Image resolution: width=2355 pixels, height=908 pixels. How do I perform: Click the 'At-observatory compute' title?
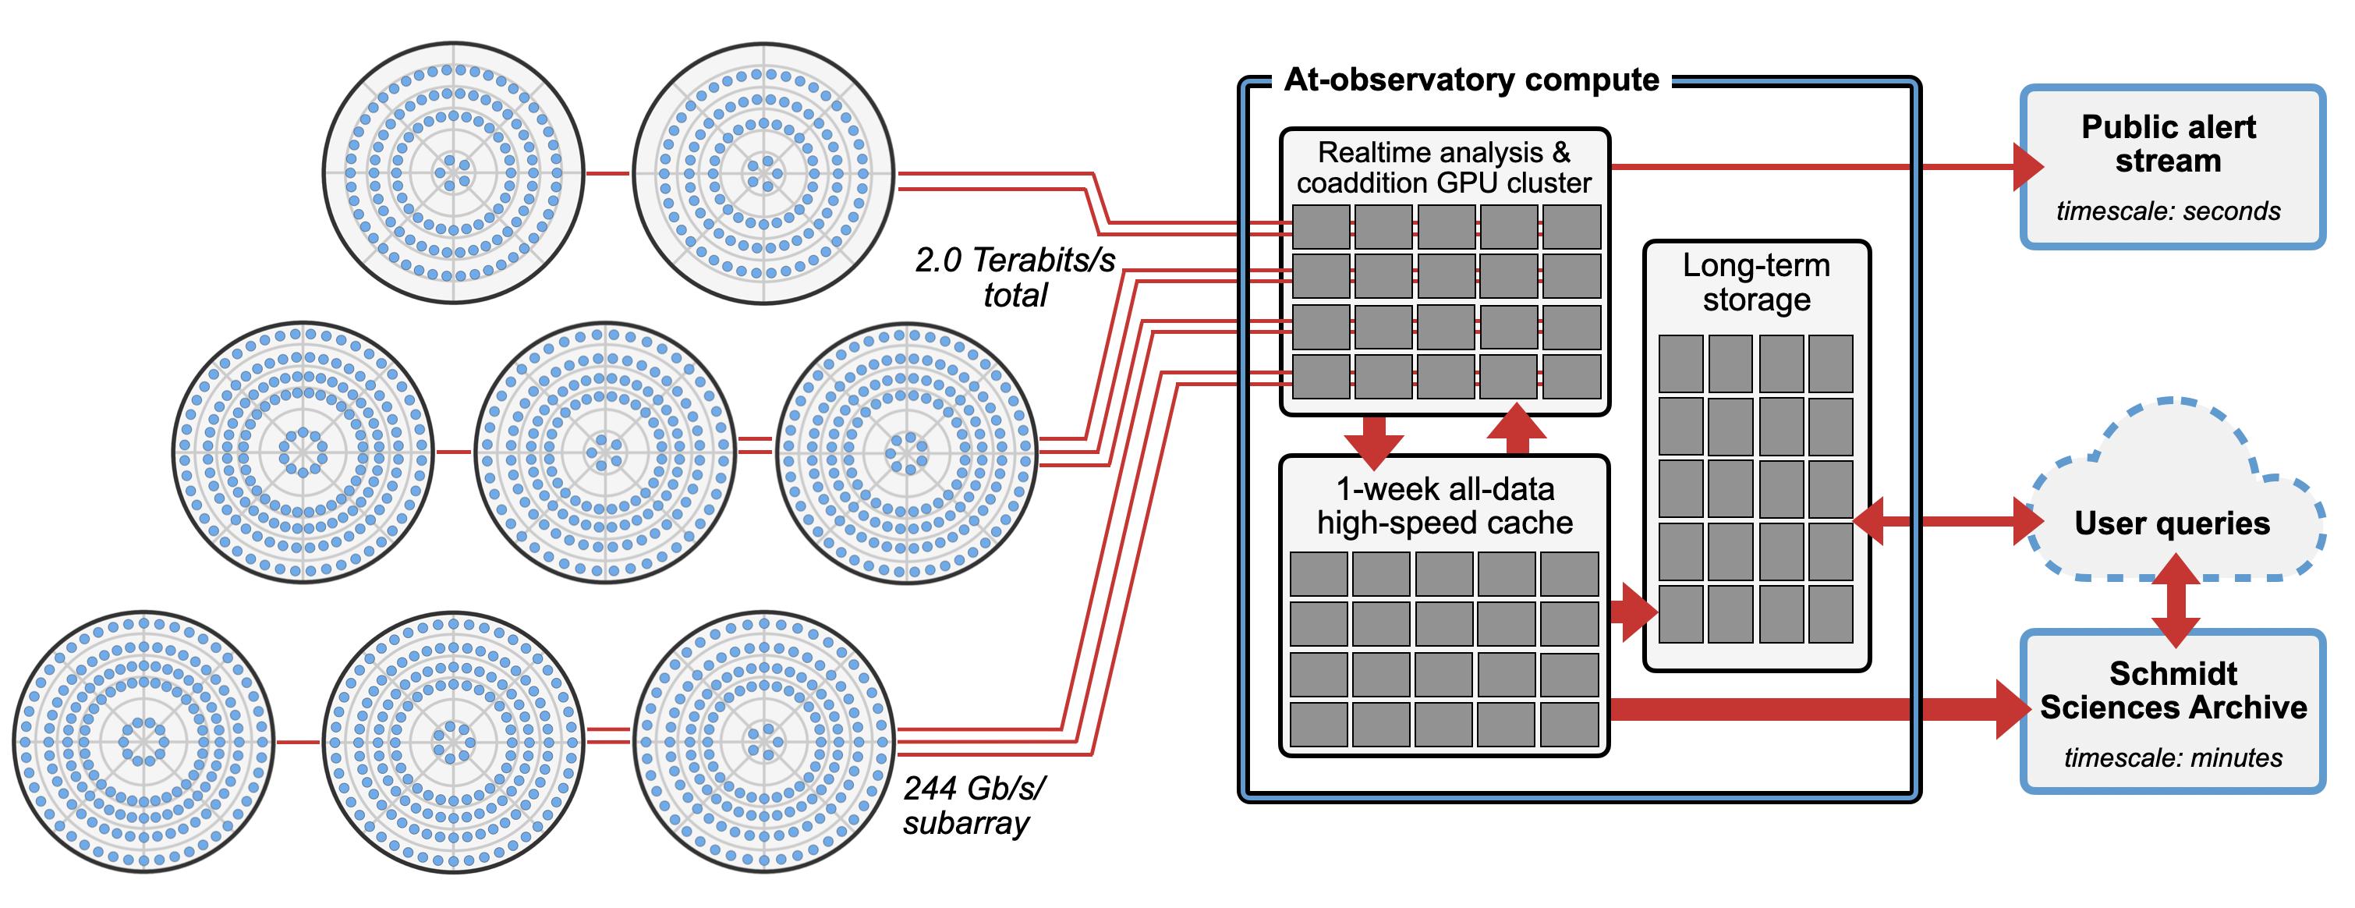(1471, 80)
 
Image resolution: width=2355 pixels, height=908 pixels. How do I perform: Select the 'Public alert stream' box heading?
(2168, 144)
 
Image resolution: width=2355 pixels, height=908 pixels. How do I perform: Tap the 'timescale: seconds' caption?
(2168, 211)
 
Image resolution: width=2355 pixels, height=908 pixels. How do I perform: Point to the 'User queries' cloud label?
(2171, 523)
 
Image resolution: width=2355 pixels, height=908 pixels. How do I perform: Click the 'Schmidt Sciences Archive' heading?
(2173, 690)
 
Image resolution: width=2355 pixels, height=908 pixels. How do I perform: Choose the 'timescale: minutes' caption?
(2173, 758)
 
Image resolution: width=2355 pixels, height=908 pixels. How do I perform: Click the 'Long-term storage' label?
(1756, 282)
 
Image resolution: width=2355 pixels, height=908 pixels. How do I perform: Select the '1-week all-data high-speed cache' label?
(1444, 505)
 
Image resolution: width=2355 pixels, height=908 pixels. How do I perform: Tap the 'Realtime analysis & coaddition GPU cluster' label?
(1443, 168)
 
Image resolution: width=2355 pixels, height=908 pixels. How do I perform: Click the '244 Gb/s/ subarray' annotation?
(974, 806)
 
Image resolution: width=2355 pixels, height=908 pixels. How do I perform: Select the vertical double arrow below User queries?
(2176, 601)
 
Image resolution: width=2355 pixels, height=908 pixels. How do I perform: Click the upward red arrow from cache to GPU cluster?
(1517, 428)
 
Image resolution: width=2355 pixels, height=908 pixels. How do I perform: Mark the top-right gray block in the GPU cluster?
(1571, 227)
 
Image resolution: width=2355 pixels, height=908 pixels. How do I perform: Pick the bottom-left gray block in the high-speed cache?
(1319, 724)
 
